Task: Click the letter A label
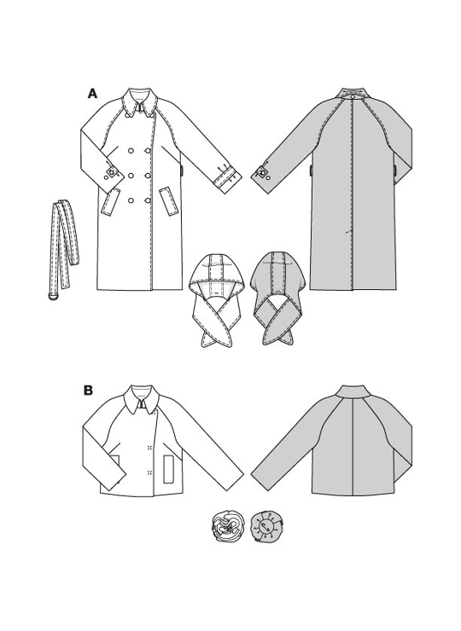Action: [93, 94]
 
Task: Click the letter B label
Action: [88, 391]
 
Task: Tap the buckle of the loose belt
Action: [53, 296]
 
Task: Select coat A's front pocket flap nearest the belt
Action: [110, 202]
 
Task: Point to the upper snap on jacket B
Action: [149, 448]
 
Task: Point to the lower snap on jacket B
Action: [149, 472]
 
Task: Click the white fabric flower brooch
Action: [225, 527]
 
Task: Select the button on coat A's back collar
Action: [353, 96]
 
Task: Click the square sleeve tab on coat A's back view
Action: [263, 173]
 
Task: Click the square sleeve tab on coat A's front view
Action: [111, 173]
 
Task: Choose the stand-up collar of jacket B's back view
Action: [353, 391]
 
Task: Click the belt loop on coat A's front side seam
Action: [183, 171]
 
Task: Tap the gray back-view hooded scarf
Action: [277, 298]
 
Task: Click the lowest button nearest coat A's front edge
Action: [148, 200]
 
